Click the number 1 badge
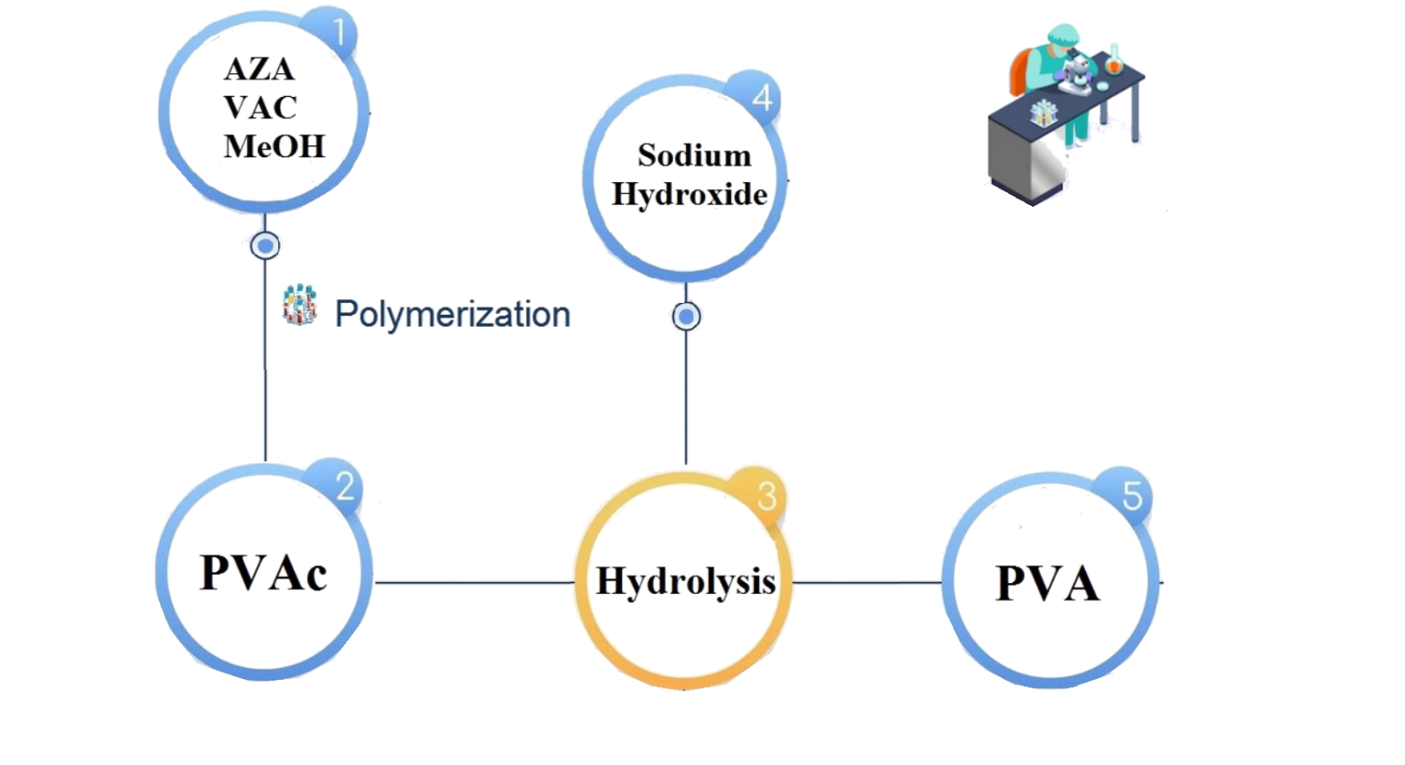tap(339, 33)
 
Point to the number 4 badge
tap(762, 98)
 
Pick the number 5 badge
tap(1132, 497)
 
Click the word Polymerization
tap(453, 314)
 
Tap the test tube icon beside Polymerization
tap(299, 306)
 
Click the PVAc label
tap(263, 574)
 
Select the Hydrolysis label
tap(685, 581)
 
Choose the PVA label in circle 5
tap(1048, 582)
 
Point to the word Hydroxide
tap(687, 194)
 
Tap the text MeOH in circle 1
tap(273, 147)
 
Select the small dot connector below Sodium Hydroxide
tap(686, 317)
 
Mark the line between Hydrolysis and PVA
tap(867, 582)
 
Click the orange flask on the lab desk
tap(1113, 60)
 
